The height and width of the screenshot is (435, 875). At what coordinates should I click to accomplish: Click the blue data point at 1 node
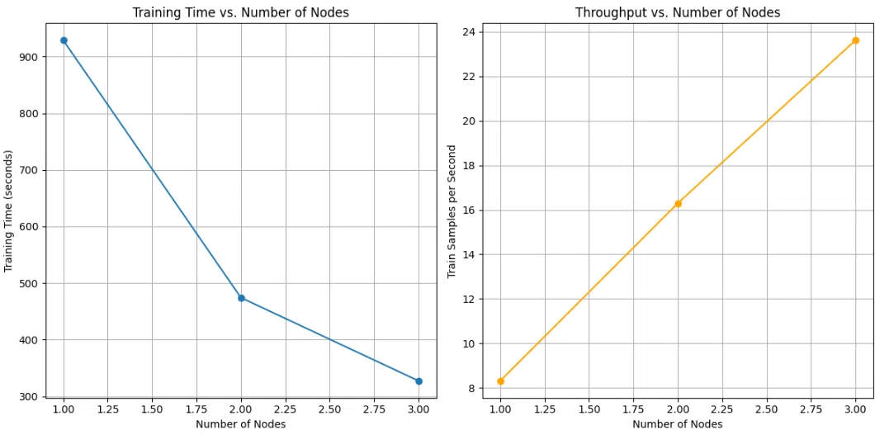tap(64, 40)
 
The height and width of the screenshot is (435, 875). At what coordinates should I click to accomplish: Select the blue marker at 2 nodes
tap(241, 298)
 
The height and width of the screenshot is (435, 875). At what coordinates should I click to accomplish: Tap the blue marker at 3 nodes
tap(419, 381)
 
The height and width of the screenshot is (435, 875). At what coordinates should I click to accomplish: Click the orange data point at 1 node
tap(500, 381)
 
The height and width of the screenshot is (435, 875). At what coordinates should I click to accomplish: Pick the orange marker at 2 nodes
tap(678, 204)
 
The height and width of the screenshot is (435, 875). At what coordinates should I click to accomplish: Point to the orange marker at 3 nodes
tap(855, 40)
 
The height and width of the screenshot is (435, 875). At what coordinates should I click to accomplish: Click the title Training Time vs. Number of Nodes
tap(240, 13)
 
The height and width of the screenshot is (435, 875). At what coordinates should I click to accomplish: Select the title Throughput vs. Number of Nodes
tap(678, 13)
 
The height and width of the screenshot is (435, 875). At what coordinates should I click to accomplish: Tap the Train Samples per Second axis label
tap(452, 211)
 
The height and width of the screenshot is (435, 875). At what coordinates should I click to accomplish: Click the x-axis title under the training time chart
tap(241, 424)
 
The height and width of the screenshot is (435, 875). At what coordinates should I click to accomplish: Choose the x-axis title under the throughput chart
tap(678, 424)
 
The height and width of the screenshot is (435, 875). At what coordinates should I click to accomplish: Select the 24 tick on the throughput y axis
tap(468, 32)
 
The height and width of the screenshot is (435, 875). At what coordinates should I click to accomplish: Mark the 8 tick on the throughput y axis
tap(471, 388)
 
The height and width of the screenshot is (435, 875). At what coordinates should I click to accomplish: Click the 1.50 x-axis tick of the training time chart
tap(153, 409)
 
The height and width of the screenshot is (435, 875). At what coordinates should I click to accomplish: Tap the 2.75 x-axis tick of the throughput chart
tap(811, 409)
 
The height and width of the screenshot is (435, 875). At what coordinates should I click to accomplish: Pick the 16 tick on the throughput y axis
tap(468, 210)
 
